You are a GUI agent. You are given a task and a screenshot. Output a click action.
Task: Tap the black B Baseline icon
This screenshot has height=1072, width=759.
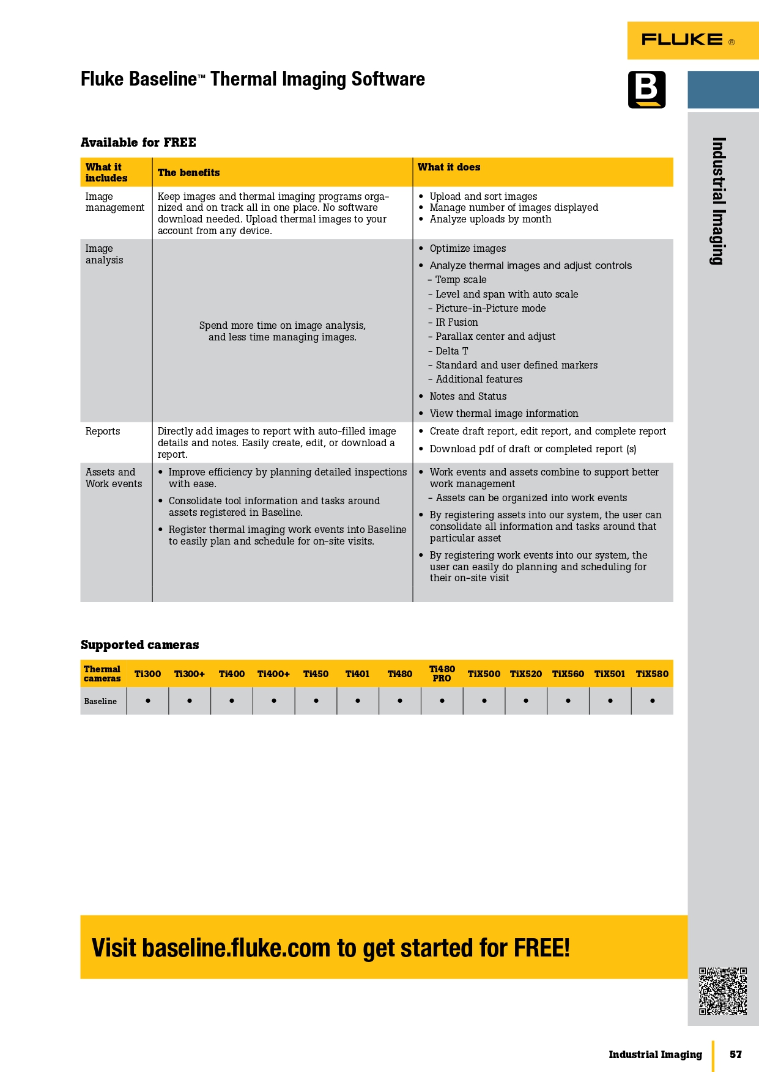pyautogui.click(x=646, y=90)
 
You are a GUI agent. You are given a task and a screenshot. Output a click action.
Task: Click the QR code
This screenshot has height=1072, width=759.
pyautogui.click(x=723, y=991)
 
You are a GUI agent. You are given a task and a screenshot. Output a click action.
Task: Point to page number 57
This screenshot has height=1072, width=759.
pyautogui.click(x=735, y=1054)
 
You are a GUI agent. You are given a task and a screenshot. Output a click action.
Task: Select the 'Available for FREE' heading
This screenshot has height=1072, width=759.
pyautogui.click(x=138, y=142)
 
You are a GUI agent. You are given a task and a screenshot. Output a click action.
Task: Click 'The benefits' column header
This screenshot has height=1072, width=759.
pyautogui.click(x=188, y=173)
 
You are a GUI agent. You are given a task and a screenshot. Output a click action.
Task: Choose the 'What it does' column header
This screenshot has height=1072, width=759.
pyautogui.click(x=448, y=167)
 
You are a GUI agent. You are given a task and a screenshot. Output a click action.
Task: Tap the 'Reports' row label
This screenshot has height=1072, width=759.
pyautogui.click(x=103, y=431)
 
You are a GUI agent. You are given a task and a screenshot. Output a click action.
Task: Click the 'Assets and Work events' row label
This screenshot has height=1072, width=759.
pyautogui.click(x=114, y=478)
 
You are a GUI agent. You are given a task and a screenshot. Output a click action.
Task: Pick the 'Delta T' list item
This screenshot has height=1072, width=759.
pyautogui.click(x=451, y=351)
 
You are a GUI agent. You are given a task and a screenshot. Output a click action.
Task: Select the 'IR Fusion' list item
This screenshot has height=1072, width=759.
pyautogui.click(x=456, y=323)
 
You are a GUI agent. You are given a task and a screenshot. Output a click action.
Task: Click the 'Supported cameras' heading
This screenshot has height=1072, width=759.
pyautogui.click(x=139, y=645)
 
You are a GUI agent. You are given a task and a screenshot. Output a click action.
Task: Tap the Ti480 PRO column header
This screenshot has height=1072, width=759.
pyautogui.click(x=442, y=674)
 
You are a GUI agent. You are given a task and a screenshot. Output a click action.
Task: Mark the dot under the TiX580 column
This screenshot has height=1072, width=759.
pyautogui.click(x=652, y=701)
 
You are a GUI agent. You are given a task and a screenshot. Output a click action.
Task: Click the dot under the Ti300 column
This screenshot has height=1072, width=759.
pyautogui.click(x=148, y=701)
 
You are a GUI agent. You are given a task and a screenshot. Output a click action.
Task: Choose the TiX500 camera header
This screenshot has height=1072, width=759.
pyautogui.click(x=484, y=674)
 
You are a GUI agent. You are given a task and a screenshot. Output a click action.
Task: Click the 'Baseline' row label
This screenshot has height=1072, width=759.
pyautogui.click(x=100, y=702)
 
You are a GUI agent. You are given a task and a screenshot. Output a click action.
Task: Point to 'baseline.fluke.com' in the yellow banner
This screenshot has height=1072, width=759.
pyautogui.click(x=236, y=948)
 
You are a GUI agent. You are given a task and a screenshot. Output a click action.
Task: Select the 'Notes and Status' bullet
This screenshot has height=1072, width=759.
pyautogui.click(x=468, y=397)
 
